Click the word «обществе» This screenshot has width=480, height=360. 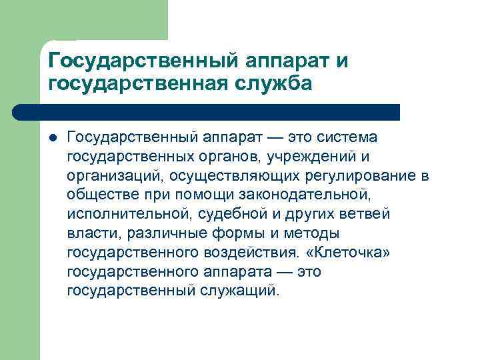(98, 195)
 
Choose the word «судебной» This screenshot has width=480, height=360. (219, 214)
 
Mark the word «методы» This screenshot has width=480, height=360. (312, 233)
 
